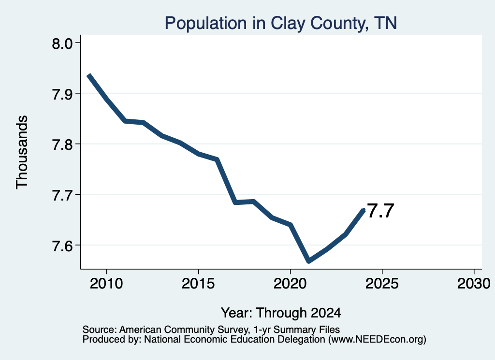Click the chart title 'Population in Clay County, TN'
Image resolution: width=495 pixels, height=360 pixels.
point(281,24)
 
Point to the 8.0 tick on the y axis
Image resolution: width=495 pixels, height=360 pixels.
point(62,43)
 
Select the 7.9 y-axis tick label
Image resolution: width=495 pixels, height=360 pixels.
point(62,94)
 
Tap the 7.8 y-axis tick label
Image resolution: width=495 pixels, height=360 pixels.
point(62,144)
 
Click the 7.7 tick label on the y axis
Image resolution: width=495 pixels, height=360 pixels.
point(62,195)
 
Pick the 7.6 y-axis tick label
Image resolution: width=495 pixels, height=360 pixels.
point(62,245)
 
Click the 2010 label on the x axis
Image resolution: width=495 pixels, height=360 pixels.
point(106,284)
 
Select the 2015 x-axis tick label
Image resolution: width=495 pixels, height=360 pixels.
point(198,284)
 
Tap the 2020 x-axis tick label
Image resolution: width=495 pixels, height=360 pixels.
point(290,284)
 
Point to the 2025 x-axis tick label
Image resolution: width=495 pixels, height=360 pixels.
point(382,284)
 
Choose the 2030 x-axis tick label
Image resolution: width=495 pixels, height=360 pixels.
point(474,284)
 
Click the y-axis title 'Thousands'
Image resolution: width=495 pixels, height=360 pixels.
point(22,152)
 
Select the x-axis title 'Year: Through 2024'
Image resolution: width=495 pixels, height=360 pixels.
point(281,313)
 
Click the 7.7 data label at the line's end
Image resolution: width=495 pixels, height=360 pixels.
point(381,211)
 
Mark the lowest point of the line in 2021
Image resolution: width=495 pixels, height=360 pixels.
point(309,261)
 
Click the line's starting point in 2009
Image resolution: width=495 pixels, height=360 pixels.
point(89,75)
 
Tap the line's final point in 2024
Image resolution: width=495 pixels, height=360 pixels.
point(364,210)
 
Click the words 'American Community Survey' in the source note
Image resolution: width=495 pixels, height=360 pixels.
point(183,330)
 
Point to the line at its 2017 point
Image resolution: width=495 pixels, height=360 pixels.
point(235,202)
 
